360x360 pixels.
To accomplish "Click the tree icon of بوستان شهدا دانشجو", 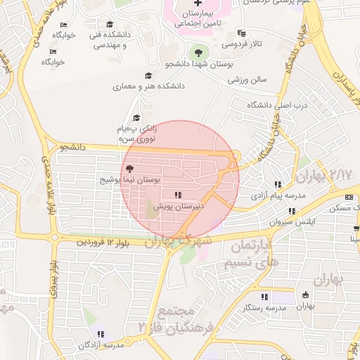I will click(x=199, y=52).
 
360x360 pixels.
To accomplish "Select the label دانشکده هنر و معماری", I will click(x=148, y=86).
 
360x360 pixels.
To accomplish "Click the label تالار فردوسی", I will click(x=243, y=44).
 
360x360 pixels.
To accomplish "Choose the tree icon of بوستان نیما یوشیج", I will click(x=129, y=169).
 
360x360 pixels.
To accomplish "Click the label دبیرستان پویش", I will click(x=179, y=205).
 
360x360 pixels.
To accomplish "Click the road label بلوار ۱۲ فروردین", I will click(x=104, y=242).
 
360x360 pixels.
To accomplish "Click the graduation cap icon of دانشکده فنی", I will click(x=109, y=25).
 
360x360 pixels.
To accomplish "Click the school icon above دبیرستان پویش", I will click(x=179, y=195).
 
